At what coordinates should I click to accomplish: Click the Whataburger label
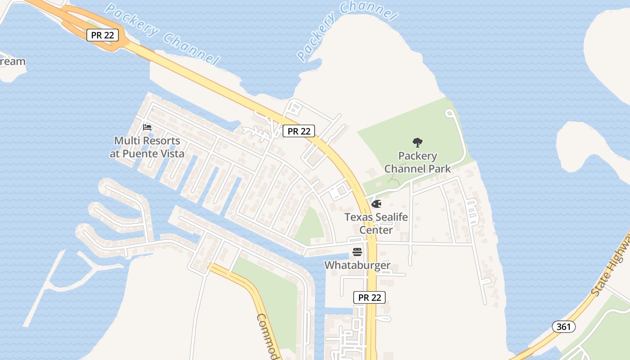[357, 265]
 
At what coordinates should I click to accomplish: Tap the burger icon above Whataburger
[357, 252]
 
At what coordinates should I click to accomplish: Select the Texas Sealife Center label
[376, 223]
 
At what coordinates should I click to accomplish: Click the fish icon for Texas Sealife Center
[376, 204]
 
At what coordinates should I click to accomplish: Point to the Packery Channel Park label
[417, 162]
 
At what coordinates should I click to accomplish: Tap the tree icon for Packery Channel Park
[418, 143]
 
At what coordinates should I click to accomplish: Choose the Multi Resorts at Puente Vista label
[147, 147]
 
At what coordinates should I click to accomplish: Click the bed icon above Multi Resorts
[147, 127]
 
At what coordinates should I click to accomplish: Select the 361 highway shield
[563, 327]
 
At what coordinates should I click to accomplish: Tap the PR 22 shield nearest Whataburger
[369, 297]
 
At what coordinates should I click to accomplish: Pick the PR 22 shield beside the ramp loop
[103, 35]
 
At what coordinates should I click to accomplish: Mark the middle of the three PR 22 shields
[299, 131]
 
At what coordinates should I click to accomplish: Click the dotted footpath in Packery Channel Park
[395, 179]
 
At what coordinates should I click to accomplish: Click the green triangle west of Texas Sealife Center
[310, 225]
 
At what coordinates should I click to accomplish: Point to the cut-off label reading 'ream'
[13, 62]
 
